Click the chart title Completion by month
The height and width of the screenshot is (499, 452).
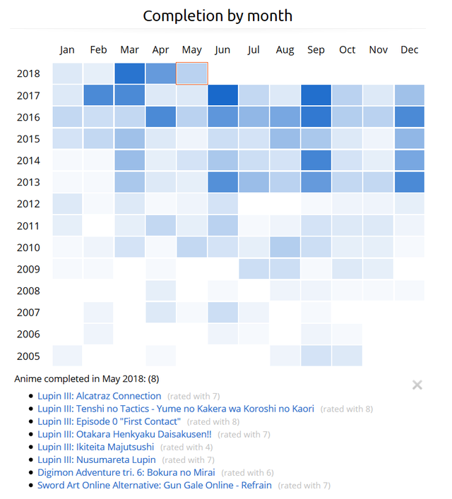coord(218,16)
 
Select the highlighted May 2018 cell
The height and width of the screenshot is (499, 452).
coord(192,73)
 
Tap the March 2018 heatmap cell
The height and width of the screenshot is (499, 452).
coord(129,73)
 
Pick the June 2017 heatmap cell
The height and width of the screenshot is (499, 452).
coord(223,95)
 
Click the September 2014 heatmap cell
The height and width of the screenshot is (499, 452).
coord(316,160)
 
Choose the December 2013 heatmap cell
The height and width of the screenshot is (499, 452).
coord(410,182)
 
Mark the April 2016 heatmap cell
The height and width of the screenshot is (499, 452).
coord(161,117)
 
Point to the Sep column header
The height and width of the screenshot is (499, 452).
coord(316,50)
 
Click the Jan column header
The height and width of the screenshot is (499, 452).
coord(67,50)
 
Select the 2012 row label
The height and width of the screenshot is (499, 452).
coord(28,204)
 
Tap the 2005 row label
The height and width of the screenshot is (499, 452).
coord(28,356)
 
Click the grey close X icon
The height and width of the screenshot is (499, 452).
coord(417,385)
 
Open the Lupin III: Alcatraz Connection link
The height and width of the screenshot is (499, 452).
coord(100,396)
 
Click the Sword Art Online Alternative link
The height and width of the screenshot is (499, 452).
coord(155,485)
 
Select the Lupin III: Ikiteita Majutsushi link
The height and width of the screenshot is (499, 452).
coord(96,447)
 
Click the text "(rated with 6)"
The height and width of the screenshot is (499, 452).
coord(247,472)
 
